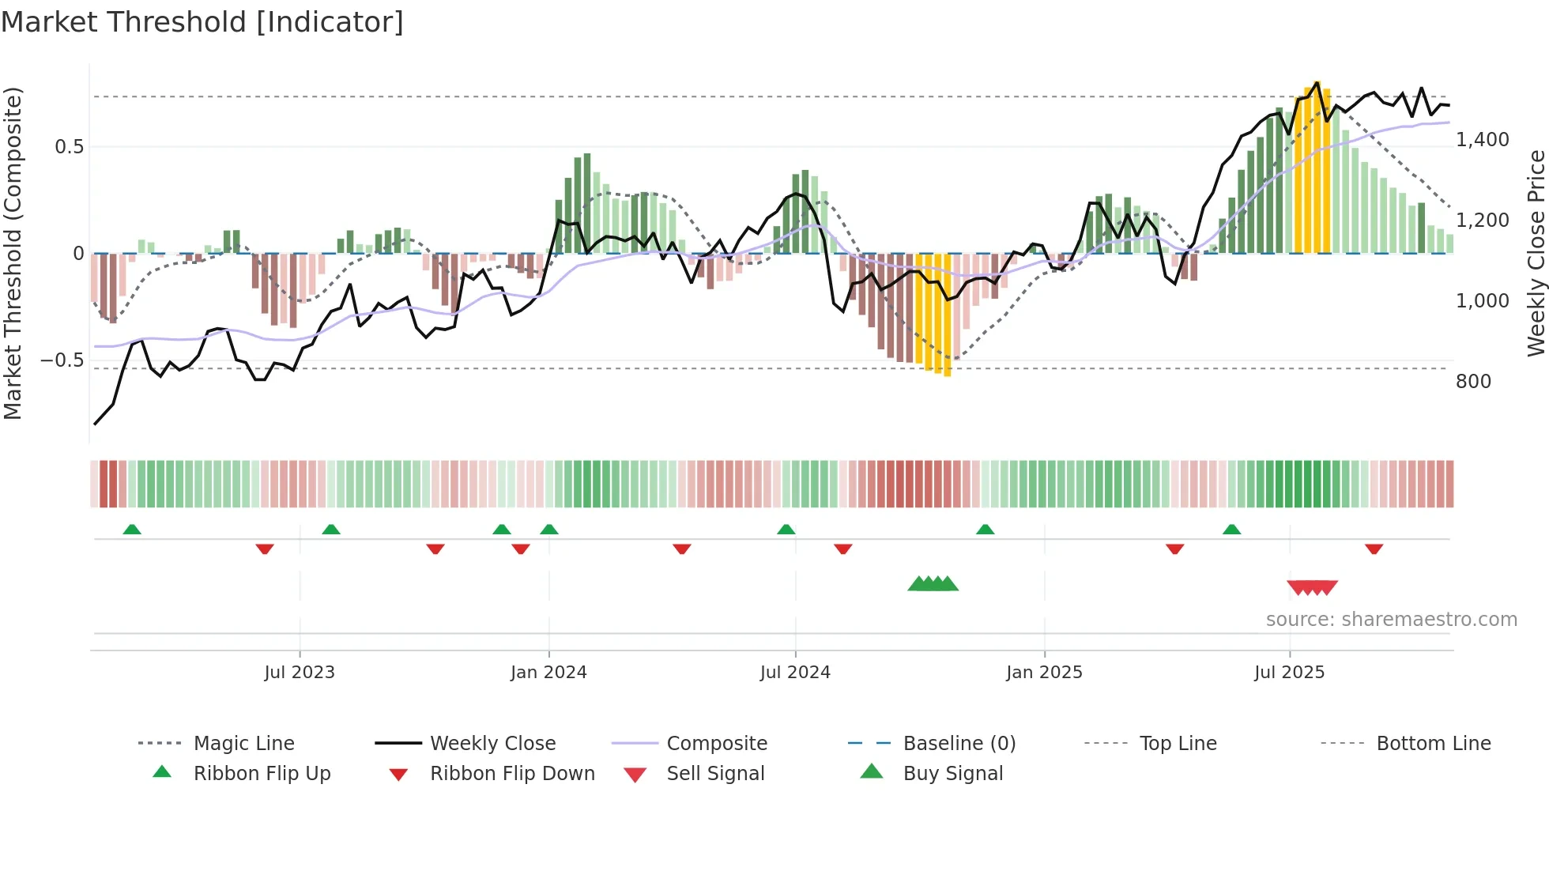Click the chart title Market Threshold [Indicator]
[x=202, y=22]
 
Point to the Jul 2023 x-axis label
[x=300, y=672]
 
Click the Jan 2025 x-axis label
[x=1044, y=672]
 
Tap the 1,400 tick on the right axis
[x=1483, y=140]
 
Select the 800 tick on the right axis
[x=1473, y=382]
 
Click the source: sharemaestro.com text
[x=1391, y=619]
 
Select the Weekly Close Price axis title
[x=1536, y=253]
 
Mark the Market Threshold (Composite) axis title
[x=13, y=253]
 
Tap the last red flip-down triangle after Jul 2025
[x=1374, y=549]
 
